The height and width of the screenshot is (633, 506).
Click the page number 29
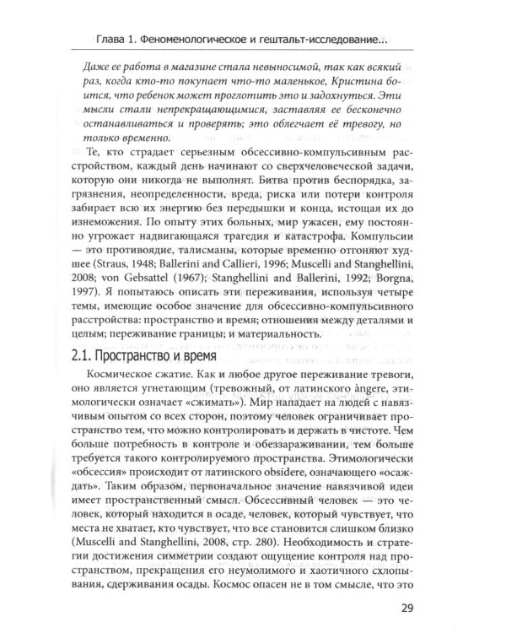point(409,607)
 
